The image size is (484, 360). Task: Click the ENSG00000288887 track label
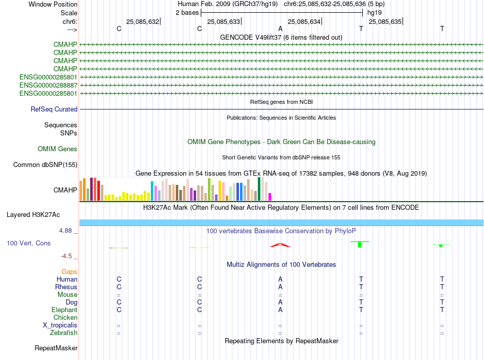click(x=48, y=85)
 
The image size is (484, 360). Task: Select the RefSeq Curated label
click(x=54, y=109)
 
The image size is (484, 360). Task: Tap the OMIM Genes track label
click(x=58, y=149)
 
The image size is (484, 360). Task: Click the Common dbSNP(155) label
click(x=45, y=164)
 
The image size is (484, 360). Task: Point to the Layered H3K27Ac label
click(x=42, y=214)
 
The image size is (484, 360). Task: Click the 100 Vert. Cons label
click(x=29, y=243)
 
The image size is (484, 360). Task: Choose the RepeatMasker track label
click(x=56, y=348)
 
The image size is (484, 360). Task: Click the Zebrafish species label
click(x=63, y=333)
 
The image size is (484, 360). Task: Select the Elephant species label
click(x=64, y=310)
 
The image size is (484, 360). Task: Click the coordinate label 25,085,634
click(x=304, y=21)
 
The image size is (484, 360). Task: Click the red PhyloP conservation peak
click(x=280, y=245)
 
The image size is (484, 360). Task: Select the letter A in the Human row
click(x=280, y=279)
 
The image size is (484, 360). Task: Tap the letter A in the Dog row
click(x=280, y=302)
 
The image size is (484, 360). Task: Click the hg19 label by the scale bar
click(x=374, y=12)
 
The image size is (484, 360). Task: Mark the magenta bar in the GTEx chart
click(x=270, y=197)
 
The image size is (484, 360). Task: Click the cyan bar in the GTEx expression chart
click(x=152, y=190)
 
